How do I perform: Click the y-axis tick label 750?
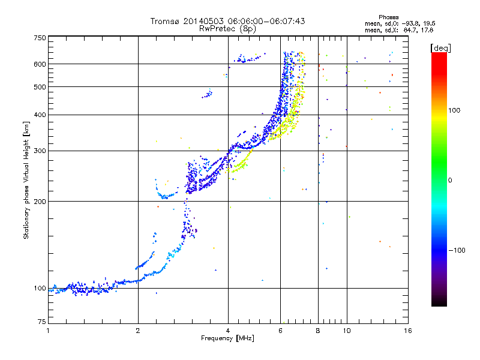[40, 37]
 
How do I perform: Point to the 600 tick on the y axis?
[40, 64]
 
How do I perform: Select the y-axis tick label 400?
[40, 115]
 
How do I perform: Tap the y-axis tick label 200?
[40, 201]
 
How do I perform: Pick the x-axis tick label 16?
[407, 330]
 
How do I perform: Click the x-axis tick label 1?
[48, 330]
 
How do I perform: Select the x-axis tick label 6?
[280, 330]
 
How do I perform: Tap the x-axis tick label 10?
[346, 330]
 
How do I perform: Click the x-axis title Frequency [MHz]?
[227, 338]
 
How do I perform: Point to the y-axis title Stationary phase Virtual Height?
[26, 180]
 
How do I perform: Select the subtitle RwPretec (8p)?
[227, 28]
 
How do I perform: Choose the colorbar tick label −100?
[457, 250]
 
